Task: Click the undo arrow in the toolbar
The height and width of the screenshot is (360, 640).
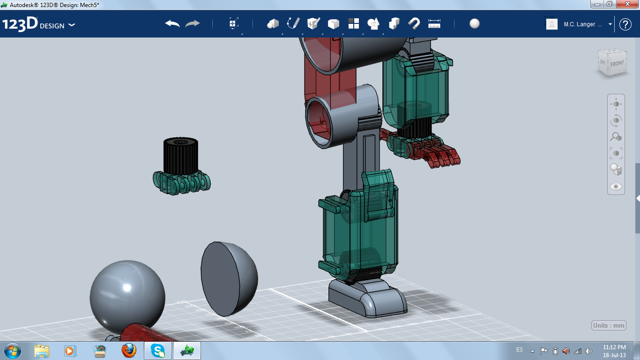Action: [172, 23]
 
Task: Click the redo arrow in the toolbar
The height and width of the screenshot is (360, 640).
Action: [192, 23]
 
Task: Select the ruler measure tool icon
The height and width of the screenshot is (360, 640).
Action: [434, 24]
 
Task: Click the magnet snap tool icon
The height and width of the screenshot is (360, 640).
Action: [414, 24]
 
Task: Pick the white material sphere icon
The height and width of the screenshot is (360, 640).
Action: [474, 23]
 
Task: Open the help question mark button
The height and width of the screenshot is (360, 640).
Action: [625, 24]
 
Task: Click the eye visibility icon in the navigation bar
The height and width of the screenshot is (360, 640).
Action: [616, 187]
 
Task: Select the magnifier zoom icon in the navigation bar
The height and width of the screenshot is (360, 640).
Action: [616, 137]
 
